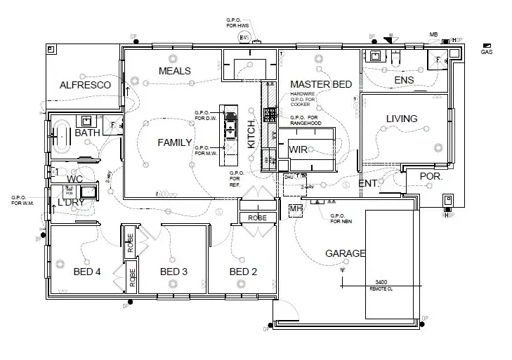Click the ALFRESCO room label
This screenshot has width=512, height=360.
85,85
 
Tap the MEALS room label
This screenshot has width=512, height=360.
175,71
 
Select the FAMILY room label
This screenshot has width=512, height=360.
174,142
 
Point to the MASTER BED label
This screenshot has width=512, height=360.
321,84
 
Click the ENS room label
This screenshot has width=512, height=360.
404,80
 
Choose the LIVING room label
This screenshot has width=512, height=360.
402,119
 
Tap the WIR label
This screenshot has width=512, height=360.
298,149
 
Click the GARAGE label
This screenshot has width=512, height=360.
345,253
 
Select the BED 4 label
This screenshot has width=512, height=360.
87,272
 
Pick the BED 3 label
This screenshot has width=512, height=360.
173,272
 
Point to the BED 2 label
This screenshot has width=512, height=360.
243,272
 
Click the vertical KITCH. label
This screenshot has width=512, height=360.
252,133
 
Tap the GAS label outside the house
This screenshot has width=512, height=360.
486,52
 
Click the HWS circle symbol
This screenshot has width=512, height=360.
244,36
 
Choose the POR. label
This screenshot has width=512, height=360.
430,176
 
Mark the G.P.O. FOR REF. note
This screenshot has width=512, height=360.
237,179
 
